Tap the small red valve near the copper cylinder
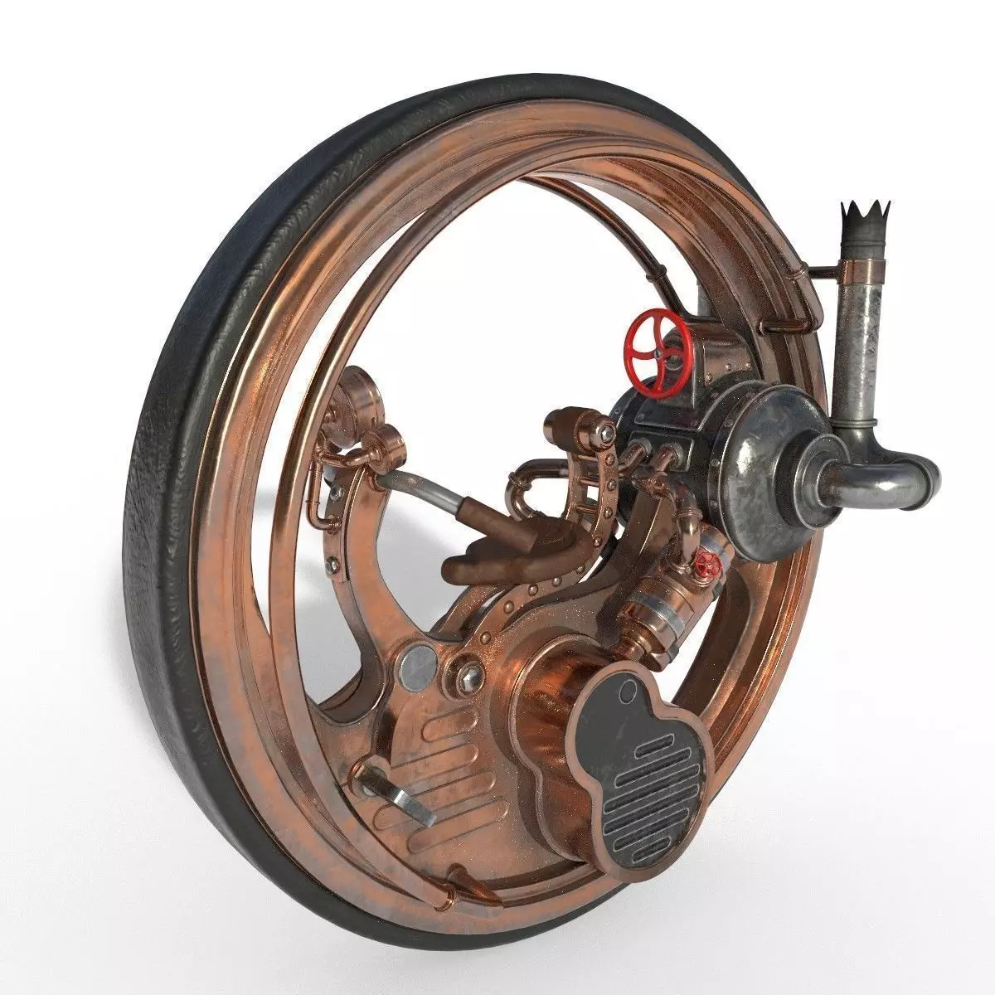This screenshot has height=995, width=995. (707, 565)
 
